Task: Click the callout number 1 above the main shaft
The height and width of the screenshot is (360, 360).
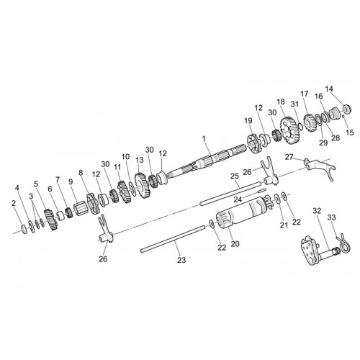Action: pyautogui.click(x=204, y=138)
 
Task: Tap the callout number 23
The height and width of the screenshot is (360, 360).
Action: pyautogui.click(x=181, y=260)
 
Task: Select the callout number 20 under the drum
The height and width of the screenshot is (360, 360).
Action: pyautogui.click(x=235, y=244)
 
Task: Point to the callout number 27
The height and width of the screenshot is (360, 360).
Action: pyautogui.click(x=289, y=157)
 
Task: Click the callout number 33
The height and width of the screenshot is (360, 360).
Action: pyautogui.click(x=331, y=217)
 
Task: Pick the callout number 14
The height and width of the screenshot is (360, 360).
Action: pyautogui.click(x=329, y=89)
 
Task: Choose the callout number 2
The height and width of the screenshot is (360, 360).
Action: pyautogui.click(x=14, y=203)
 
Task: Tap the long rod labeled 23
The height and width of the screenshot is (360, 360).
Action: pyautogui.click(x=174, y=239)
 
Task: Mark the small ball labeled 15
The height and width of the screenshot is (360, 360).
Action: pyautogui.click(x=343, y=116)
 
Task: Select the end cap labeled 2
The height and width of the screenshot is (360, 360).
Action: pyautogui.click(x=24, y=229)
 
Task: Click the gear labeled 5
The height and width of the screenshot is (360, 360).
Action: pyautogui.click(x=51, y=220)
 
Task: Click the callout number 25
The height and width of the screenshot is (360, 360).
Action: pyautogui.click(x=235, y=176)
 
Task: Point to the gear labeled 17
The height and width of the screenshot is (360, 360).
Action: pyautogui.click(x=310, y=123)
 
